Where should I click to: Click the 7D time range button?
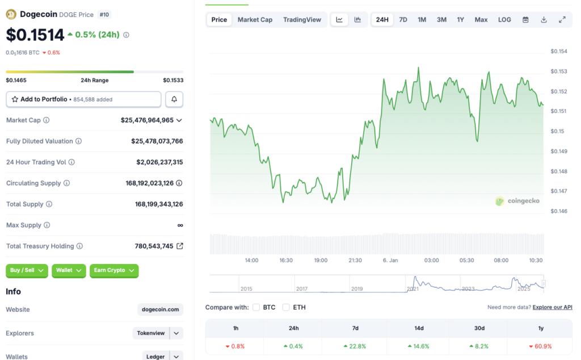pyautogui.click(x=403, y=20)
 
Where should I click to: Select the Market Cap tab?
pyautogui.click(x=255, y=20)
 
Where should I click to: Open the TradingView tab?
pyautogui.click(x=302, y=20)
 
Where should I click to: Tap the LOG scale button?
pyautogui.click(x=504, y=20)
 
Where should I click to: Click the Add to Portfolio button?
pyautogui.click(x=83, y=99)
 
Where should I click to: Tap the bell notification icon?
pyautogui.click(x=174, y=99)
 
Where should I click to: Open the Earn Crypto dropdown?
pyautogui.click(x=114, y=270)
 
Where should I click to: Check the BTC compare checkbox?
pyautogui.click(x=256, y=307)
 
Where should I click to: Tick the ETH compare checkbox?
pyautogui.click(x=286, y=307)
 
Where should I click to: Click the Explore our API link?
pyautogui.click(x=553, y=307)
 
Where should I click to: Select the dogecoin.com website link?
pyautogui.click(x=161, y=309)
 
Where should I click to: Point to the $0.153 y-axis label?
pyautogui.click(x=559, y=72)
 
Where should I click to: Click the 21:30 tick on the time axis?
pyautogui.click(x=355, y=260)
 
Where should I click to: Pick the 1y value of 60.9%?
pyautogui.click(x=541, y=346)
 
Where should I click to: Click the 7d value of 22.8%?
pyautogui.click(x=355, y=346)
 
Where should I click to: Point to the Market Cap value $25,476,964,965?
pyautogui.click(x=147, y=120)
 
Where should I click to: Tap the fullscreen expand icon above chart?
pyautogui.click(x=562, y=20)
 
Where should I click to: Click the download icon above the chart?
pyautogui.click(x=544, y=20)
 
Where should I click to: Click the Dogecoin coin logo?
pyautogui.click(x=11, y=14)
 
